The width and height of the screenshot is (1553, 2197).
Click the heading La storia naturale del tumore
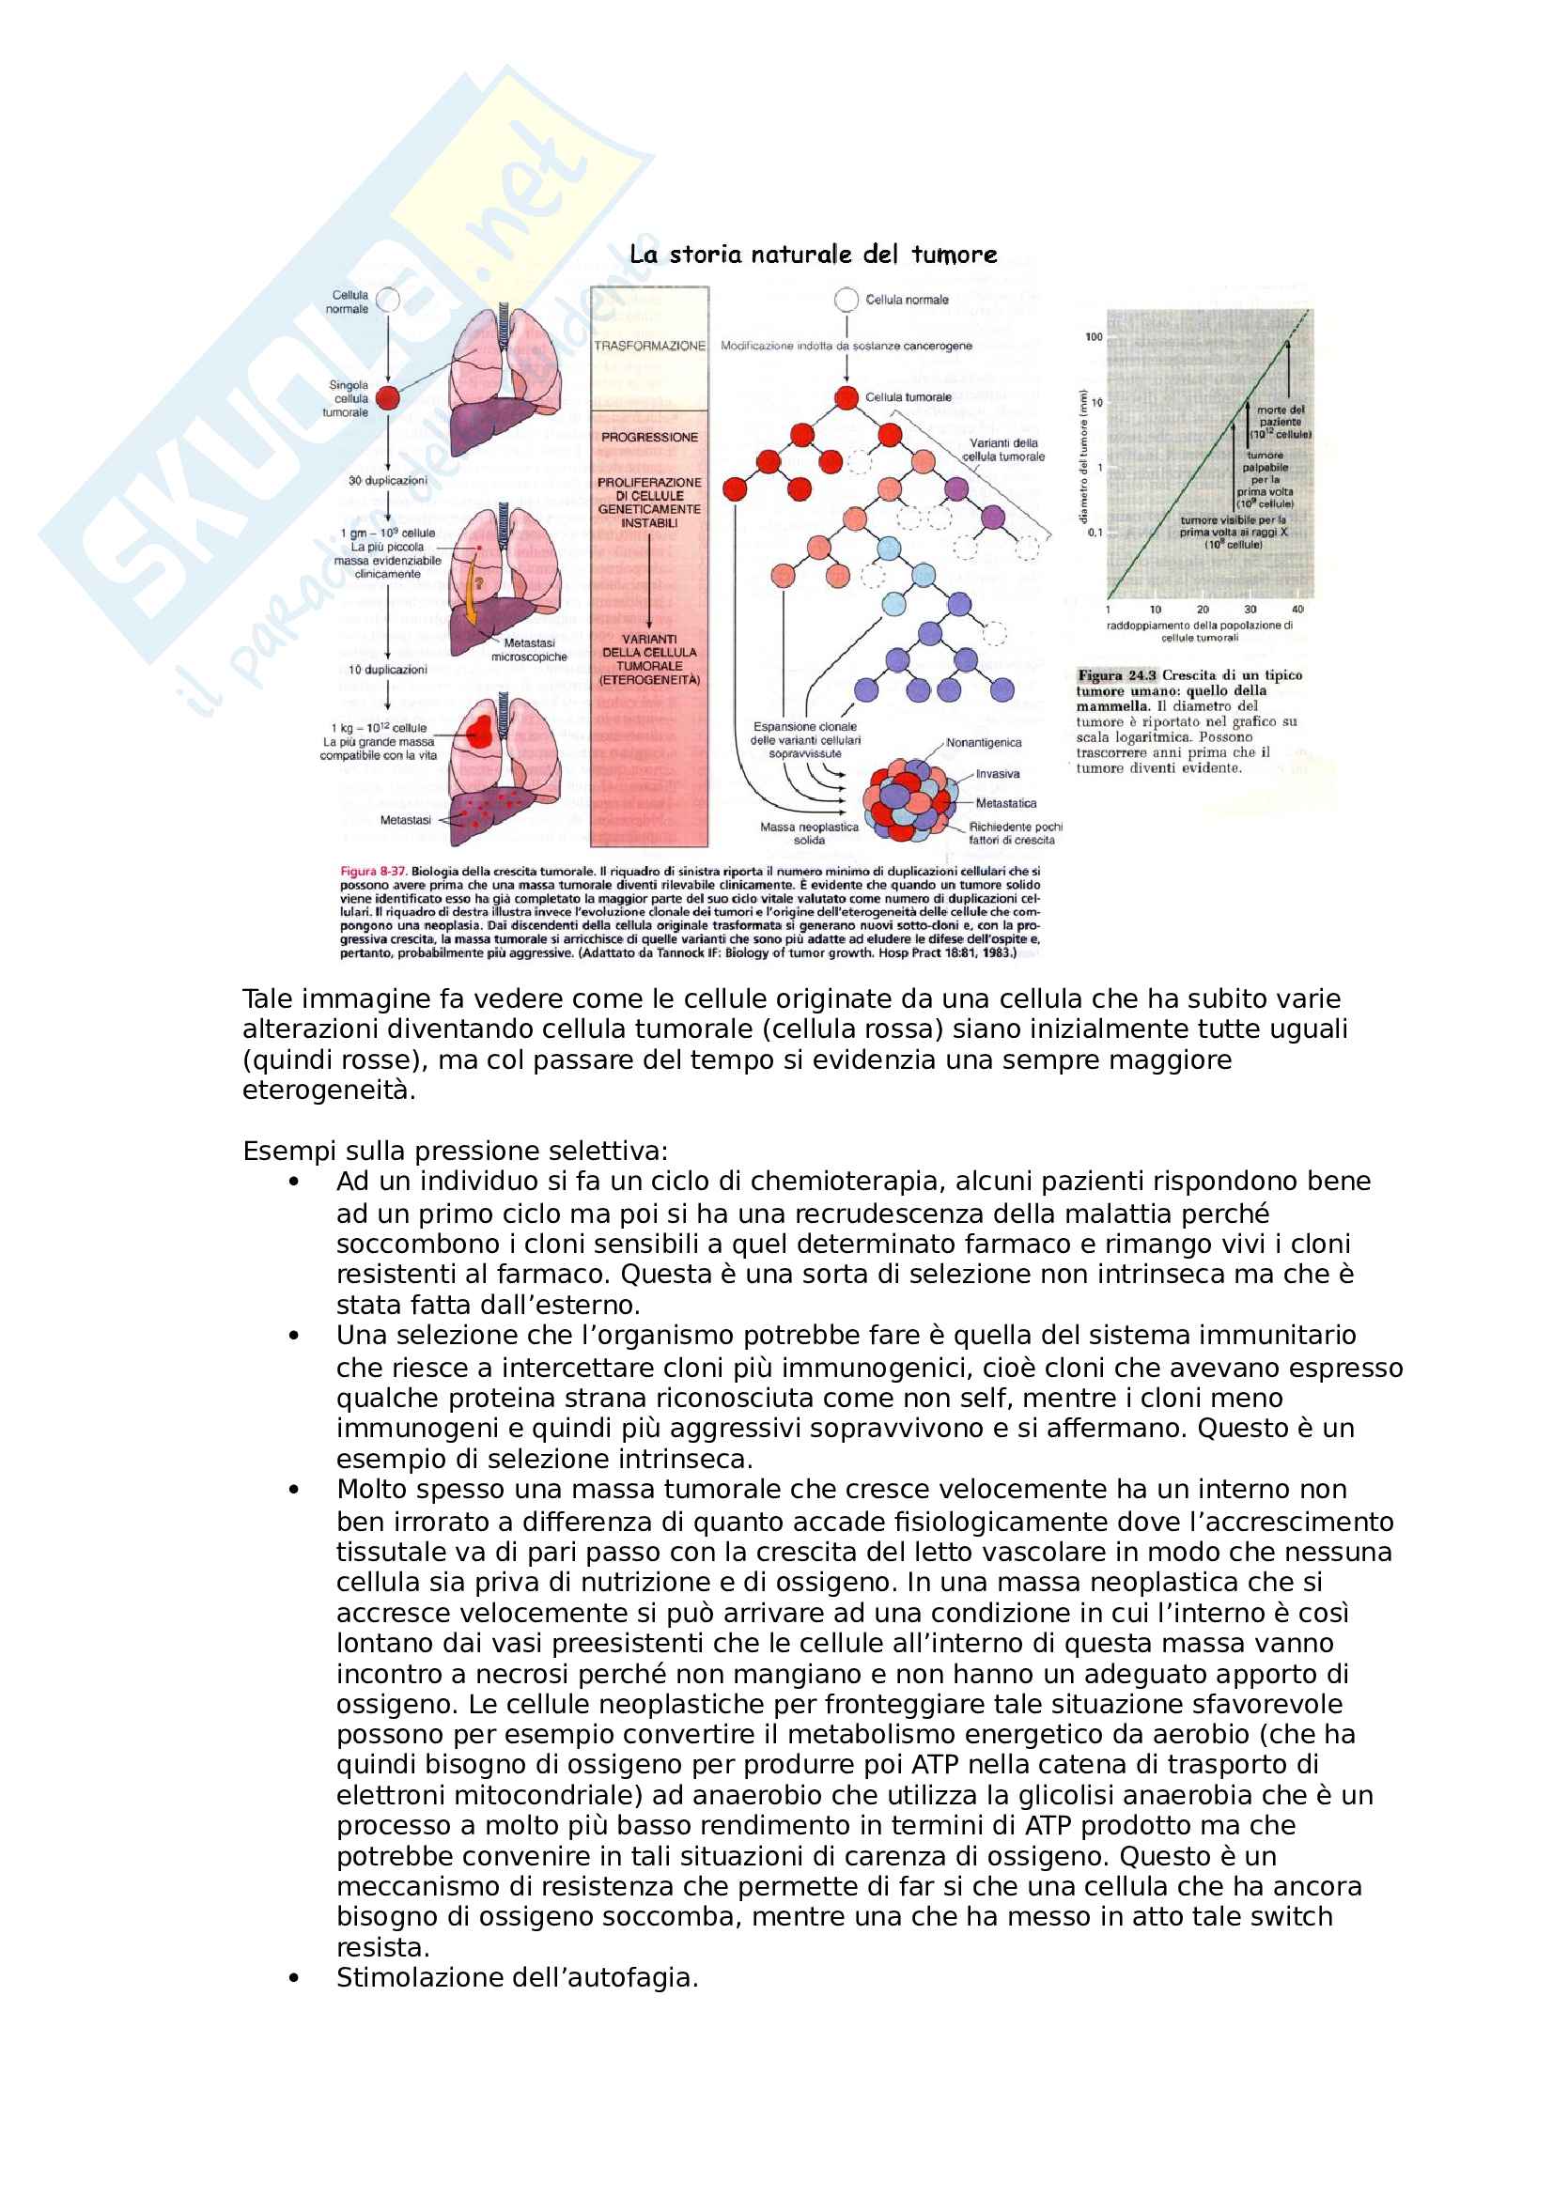tap(813, 255)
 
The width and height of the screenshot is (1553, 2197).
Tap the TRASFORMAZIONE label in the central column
tap(649, 347)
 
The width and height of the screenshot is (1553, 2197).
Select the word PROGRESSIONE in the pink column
tap(650, 438)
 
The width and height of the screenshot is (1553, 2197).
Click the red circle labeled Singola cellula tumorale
tap(387, 398)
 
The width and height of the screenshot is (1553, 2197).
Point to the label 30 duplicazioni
tap(387, 480)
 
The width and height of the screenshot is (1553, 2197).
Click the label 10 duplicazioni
tap(387, 670)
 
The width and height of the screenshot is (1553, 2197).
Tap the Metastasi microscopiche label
tap(529, 650)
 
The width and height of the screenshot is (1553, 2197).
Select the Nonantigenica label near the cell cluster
tap(984, 743)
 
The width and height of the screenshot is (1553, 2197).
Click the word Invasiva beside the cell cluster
tap(997, 774)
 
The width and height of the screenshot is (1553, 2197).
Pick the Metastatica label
tap(1005, 803)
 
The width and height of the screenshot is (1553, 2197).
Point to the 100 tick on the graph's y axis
tap(1094, 337)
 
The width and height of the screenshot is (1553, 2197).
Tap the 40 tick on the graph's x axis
tap(1297, 610)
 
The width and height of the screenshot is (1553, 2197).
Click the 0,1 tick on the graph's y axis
tap(1095, 532)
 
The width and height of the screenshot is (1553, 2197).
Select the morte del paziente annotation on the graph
tap(1281, 422)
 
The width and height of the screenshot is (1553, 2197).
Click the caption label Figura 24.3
tap(1117, 675)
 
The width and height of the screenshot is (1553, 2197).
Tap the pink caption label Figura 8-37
tap(373, 872)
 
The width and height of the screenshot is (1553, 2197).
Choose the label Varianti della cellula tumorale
tap(1003, 450)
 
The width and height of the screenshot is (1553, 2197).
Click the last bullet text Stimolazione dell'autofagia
tap(517, 1978)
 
